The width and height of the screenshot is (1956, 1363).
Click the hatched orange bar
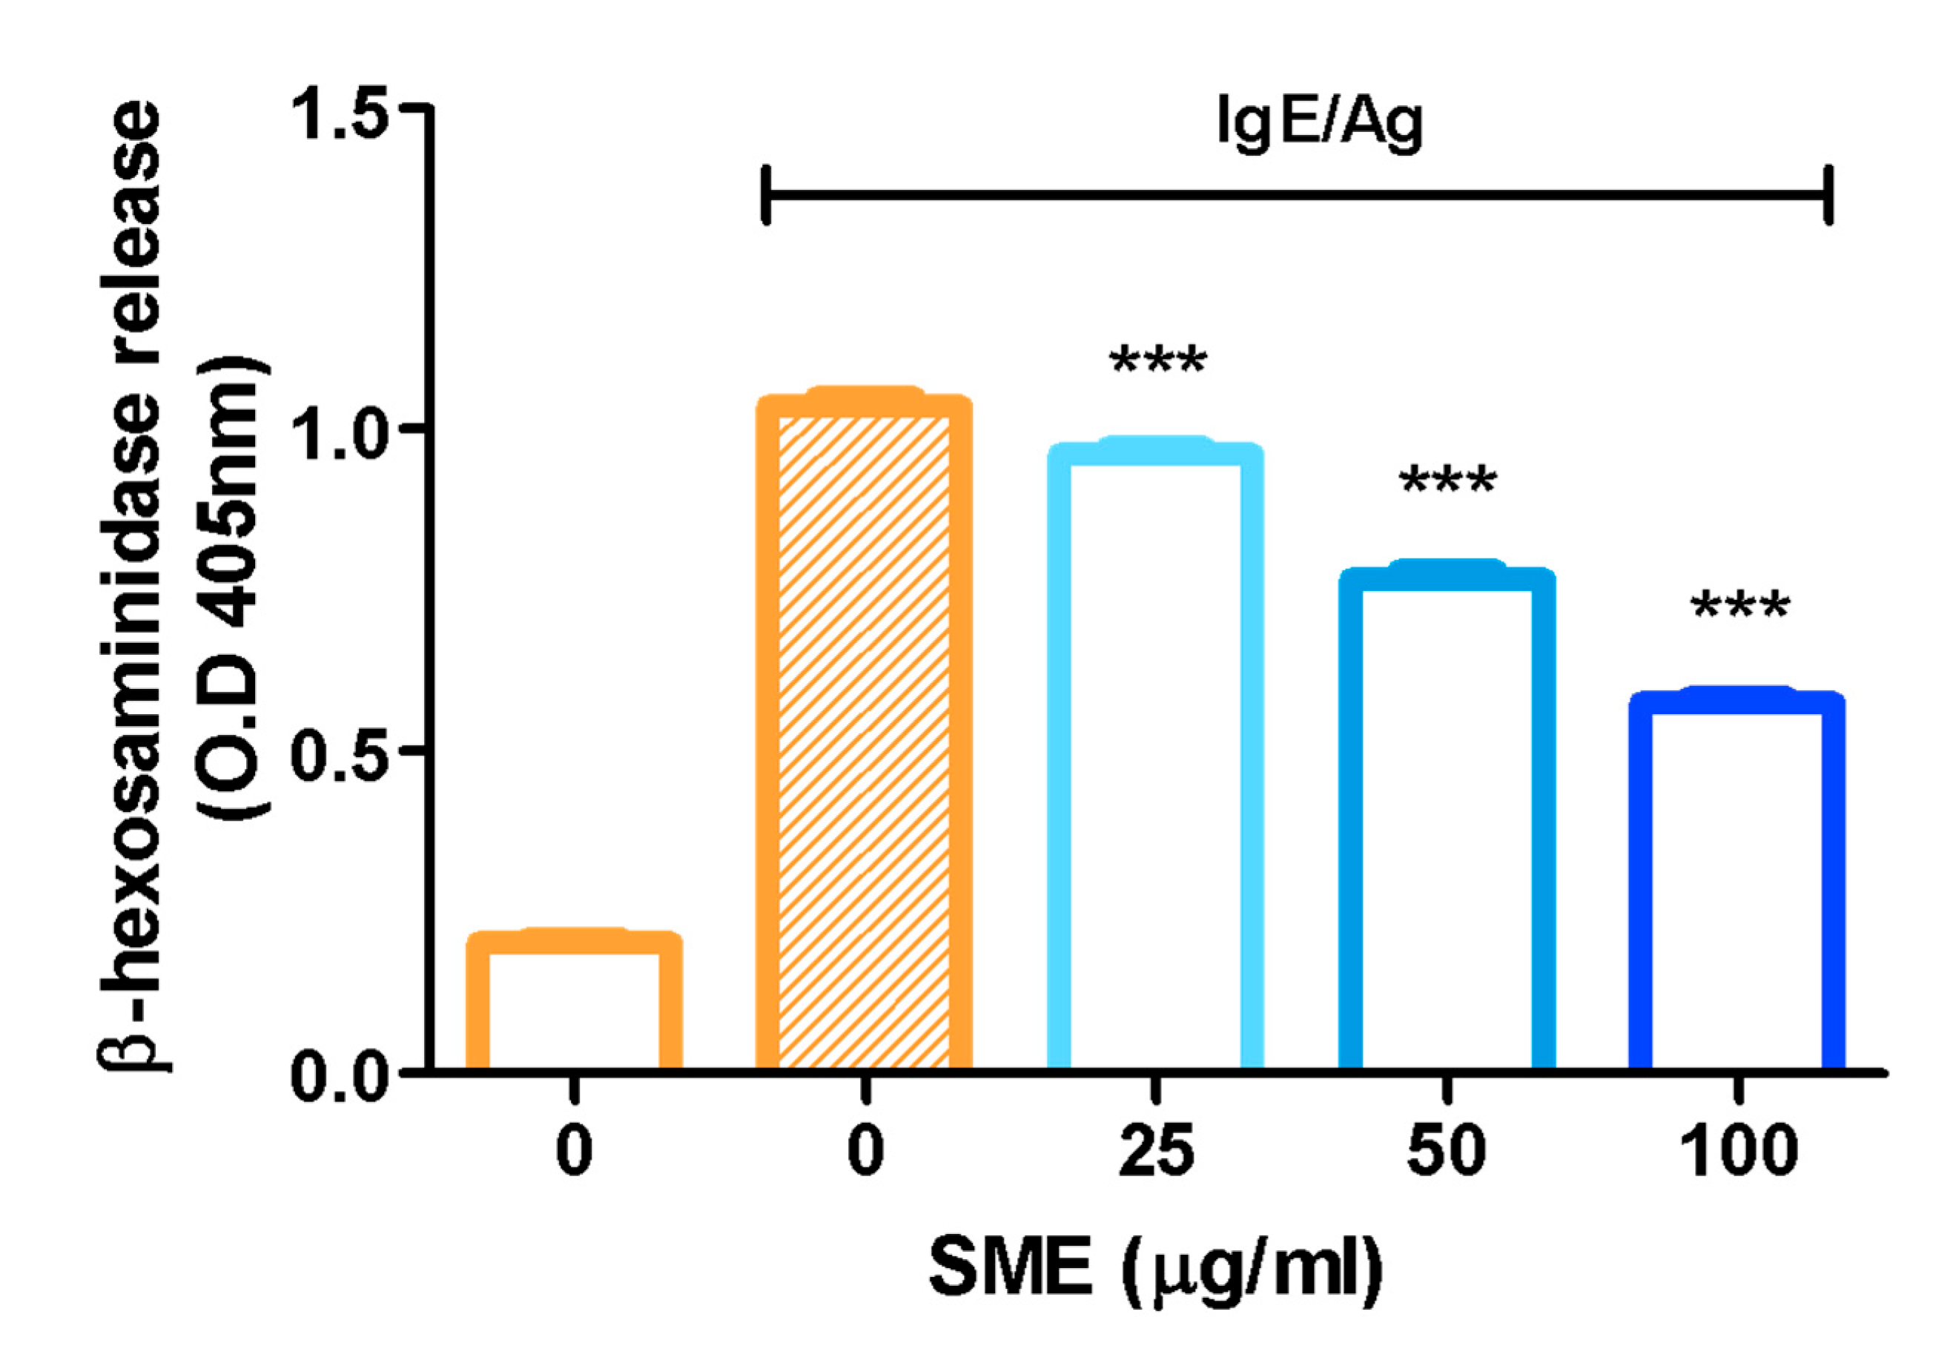(864, 733)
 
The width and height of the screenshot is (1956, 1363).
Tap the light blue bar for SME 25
(1154, 758)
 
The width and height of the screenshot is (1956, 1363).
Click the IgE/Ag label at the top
(1319, 124)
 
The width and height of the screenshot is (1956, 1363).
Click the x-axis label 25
(1155, 1152)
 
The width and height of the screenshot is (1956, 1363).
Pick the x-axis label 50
(1446, 1152)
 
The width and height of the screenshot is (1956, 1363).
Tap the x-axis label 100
(1738, 1152)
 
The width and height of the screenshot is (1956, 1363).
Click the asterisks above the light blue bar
(1157, 362)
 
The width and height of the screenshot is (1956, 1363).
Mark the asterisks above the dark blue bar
(1739, 607)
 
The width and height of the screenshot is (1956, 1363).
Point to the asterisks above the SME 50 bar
(1447, 482)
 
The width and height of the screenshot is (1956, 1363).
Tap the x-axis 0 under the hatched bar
(865, 1152)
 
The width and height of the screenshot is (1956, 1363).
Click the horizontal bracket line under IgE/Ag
(1295, 195)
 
